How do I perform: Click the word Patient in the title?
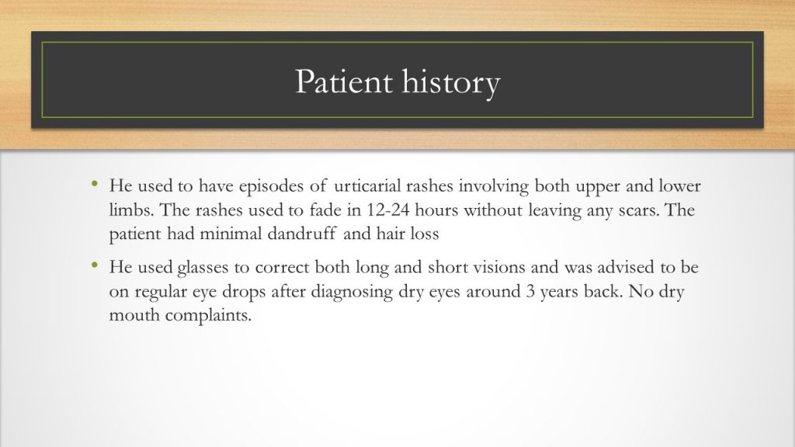[x=342, y=82]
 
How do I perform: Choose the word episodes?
[x=280, y=187]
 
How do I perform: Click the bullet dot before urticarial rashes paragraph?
[x=94, y=185]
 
